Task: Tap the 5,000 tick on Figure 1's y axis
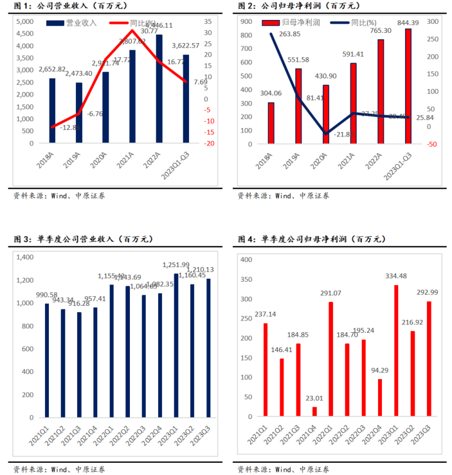coord(24,21)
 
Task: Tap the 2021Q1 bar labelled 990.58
coord(47,360)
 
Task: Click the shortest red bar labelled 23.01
coord(314,412)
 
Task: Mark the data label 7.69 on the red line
coord(201,82)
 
